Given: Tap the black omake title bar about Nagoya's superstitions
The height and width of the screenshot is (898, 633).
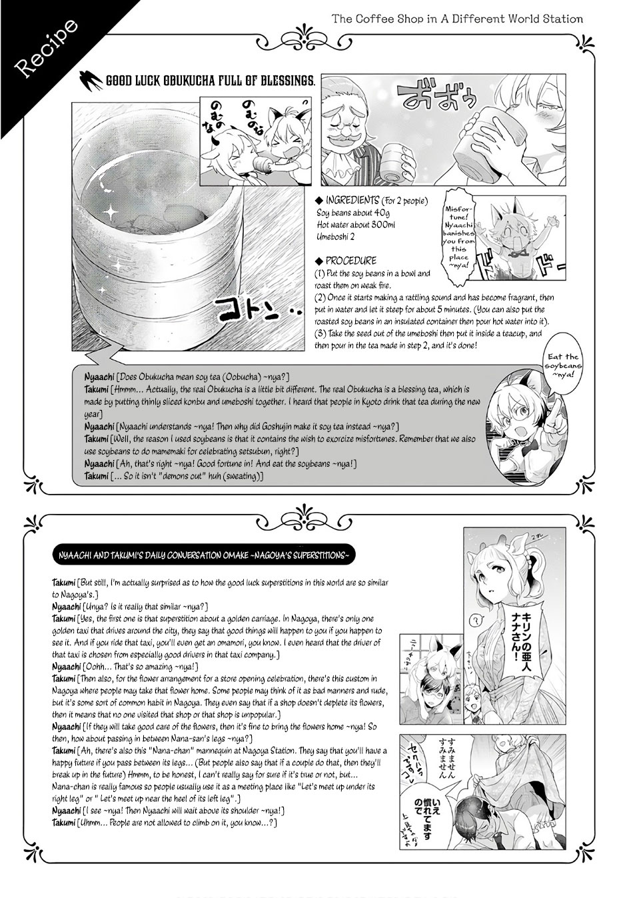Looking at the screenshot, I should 200,555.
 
